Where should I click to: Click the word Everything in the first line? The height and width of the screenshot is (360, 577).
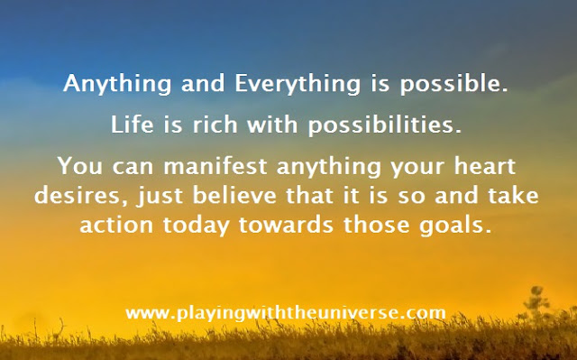click(298, 84)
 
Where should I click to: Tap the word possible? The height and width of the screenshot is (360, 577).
click(454, 84)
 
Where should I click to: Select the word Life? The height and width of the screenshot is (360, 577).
click(132, 124)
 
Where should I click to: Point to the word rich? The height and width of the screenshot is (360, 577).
click(215, 124)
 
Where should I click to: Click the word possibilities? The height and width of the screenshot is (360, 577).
click(385, 125)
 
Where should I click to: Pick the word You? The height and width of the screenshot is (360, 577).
click(80, 166)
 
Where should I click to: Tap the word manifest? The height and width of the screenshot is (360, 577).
click(215, 165)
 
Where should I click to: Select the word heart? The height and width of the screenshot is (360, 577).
click(484, 165)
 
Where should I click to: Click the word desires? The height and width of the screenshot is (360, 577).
click(83, 195)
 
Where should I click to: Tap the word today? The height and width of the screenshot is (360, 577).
click(197, 225)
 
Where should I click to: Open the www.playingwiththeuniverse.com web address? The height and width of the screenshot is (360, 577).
click(286, 313)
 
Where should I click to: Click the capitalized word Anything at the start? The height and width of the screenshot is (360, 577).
click(117, 84)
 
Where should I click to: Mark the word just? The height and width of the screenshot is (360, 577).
click(160, 196)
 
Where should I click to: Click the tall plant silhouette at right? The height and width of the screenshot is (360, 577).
click(536, 309)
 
